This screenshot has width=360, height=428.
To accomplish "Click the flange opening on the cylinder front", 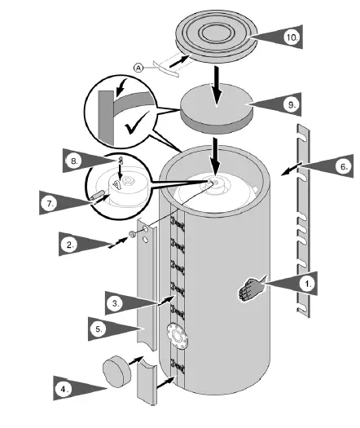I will [173, 334].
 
